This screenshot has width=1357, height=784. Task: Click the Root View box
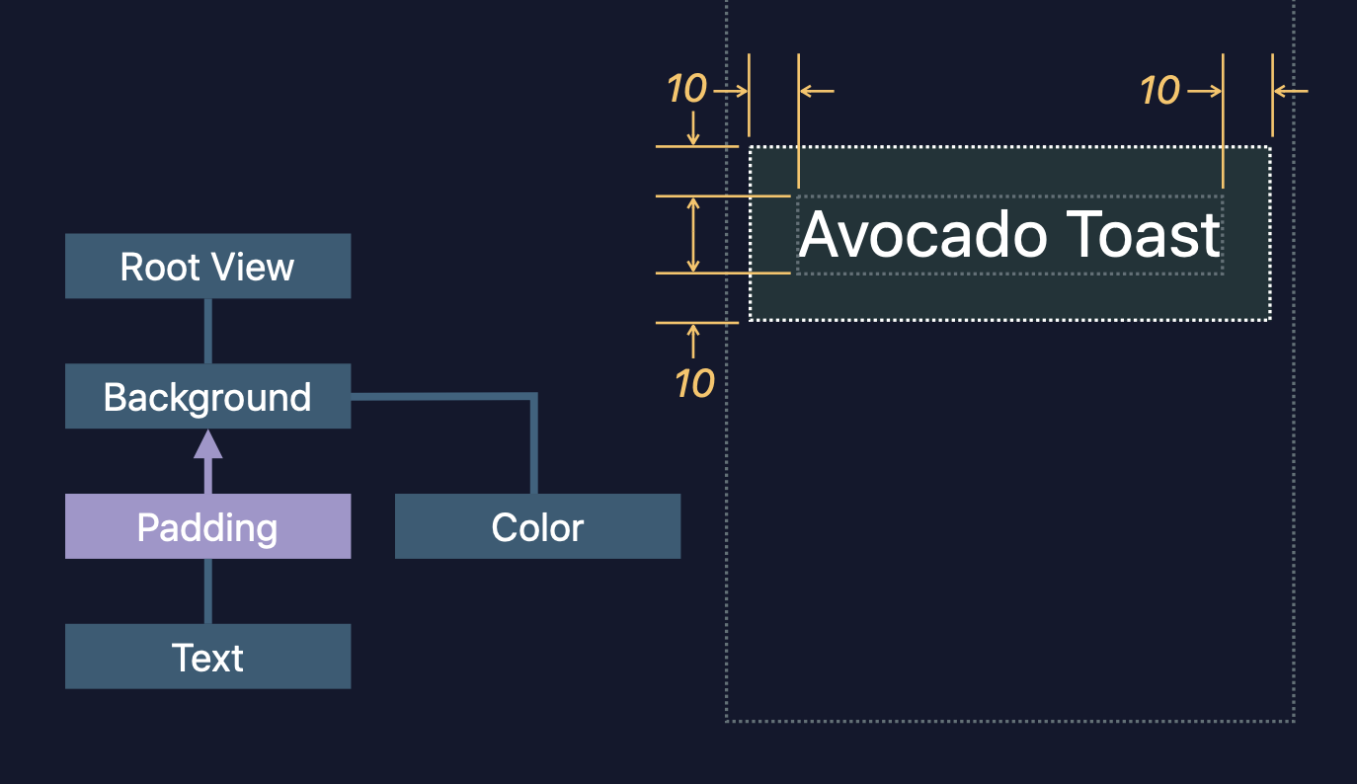pyautogui.click(x=207, y=267)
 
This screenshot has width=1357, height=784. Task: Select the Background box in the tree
pyautogui.click(x=207, y=397)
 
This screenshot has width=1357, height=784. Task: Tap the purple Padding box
pyautogui.click(x=207, y=527)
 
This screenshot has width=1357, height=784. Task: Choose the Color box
pyautogui.click(x=537, y=527)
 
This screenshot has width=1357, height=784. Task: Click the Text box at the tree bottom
pyautogui.click(x=207, y=657)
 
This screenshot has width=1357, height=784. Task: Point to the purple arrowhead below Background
pyautogui.click(x=207, y=445)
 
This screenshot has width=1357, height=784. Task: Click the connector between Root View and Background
pyautogui.click(x=207, y=331)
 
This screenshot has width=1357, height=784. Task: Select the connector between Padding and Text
pyautogui.click(x=207, y=590)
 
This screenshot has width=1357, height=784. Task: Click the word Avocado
pyautogui.click(x=923, y=235)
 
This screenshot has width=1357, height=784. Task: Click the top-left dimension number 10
pyautogui.click(x=686, y=90)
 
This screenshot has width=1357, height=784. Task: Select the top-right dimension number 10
pyautogui.click(x=1159, y=91)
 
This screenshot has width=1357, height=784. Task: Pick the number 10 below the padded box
pyautogui.click(x=694, y=383)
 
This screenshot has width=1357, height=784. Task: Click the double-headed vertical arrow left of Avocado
pyautogui.click(x=693, y=235)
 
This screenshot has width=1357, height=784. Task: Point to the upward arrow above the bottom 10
pyautogui.click(x=693, y=340)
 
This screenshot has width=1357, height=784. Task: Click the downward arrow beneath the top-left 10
pyautogui.click(x=693, y=128)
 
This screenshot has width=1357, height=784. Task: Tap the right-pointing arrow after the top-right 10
pyautogui.click(x=1205, y=91)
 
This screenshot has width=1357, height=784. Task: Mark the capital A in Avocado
pyautogui.click(x=820, y=235)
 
